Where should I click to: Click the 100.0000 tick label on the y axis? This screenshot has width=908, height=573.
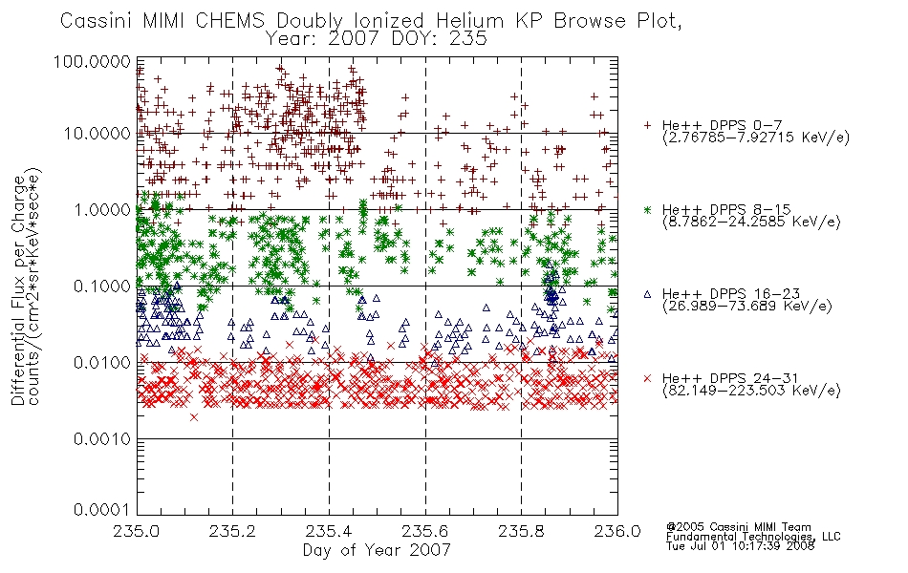coord(92,61)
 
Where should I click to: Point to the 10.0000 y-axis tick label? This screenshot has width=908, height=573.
coord(97,134)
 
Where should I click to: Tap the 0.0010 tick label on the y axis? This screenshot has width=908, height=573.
coord(102,439)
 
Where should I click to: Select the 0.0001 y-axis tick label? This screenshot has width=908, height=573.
coord(102,509)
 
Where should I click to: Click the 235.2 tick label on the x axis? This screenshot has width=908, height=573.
coord(233,531)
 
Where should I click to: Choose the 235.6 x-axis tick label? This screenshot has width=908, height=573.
coord(425,531)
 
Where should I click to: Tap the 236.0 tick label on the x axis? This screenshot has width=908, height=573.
coord(617,531)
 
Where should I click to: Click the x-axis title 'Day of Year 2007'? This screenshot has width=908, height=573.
coord(377,550)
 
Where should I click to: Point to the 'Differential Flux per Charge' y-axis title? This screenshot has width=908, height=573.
coord(18,290)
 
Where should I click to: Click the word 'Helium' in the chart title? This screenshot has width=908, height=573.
coord(470,21)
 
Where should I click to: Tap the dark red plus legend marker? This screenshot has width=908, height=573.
coord(647,125)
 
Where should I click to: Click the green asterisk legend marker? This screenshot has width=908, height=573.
coord(647,209)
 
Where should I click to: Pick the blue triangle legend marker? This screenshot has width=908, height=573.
coord(647,294)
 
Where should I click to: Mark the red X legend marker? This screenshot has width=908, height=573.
coord(647,378)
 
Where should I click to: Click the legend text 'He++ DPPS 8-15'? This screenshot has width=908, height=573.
coord(726,209)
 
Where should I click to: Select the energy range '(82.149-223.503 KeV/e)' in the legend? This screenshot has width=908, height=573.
coord(751,391)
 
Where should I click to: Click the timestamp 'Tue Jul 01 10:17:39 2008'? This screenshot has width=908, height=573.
coord(740,546)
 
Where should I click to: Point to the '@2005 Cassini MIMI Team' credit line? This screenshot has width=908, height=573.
coord(738,527)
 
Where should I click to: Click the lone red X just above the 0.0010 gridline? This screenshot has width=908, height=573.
coord(194,416)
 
